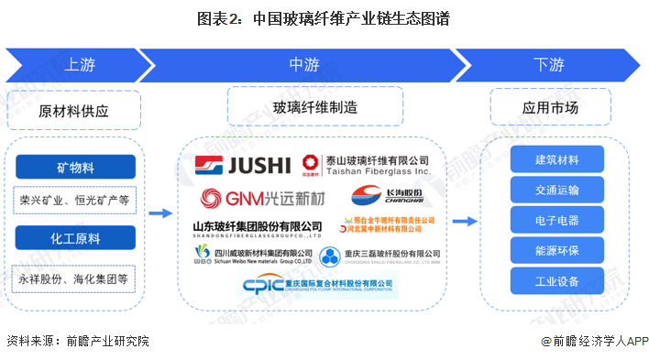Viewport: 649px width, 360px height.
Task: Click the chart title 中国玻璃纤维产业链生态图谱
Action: [x=325, y=17]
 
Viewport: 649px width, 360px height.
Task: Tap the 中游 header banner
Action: [x=303, y=64]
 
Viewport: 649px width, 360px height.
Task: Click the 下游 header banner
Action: [x=548, y=64]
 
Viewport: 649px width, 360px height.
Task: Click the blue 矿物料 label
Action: [x=74, y=167]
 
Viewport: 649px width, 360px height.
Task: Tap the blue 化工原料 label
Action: [x=74, y=236]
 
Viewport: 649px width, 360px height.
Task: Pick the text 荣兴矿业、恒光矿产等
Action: [x=74, y=199]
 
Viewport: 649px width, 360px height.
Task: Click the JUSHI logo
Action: [x=242, y=165]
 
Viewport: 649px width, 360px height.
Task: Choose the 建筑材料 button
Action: [x=557, y=159]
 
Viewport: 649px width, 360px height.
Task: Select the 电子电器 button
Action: [x=557, y=220]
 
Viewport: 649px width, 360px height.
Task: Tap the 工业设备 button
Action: [x=557, y=279]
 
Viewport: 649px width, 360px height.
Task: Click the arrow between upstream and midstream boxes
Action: [x=160, y=213]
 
